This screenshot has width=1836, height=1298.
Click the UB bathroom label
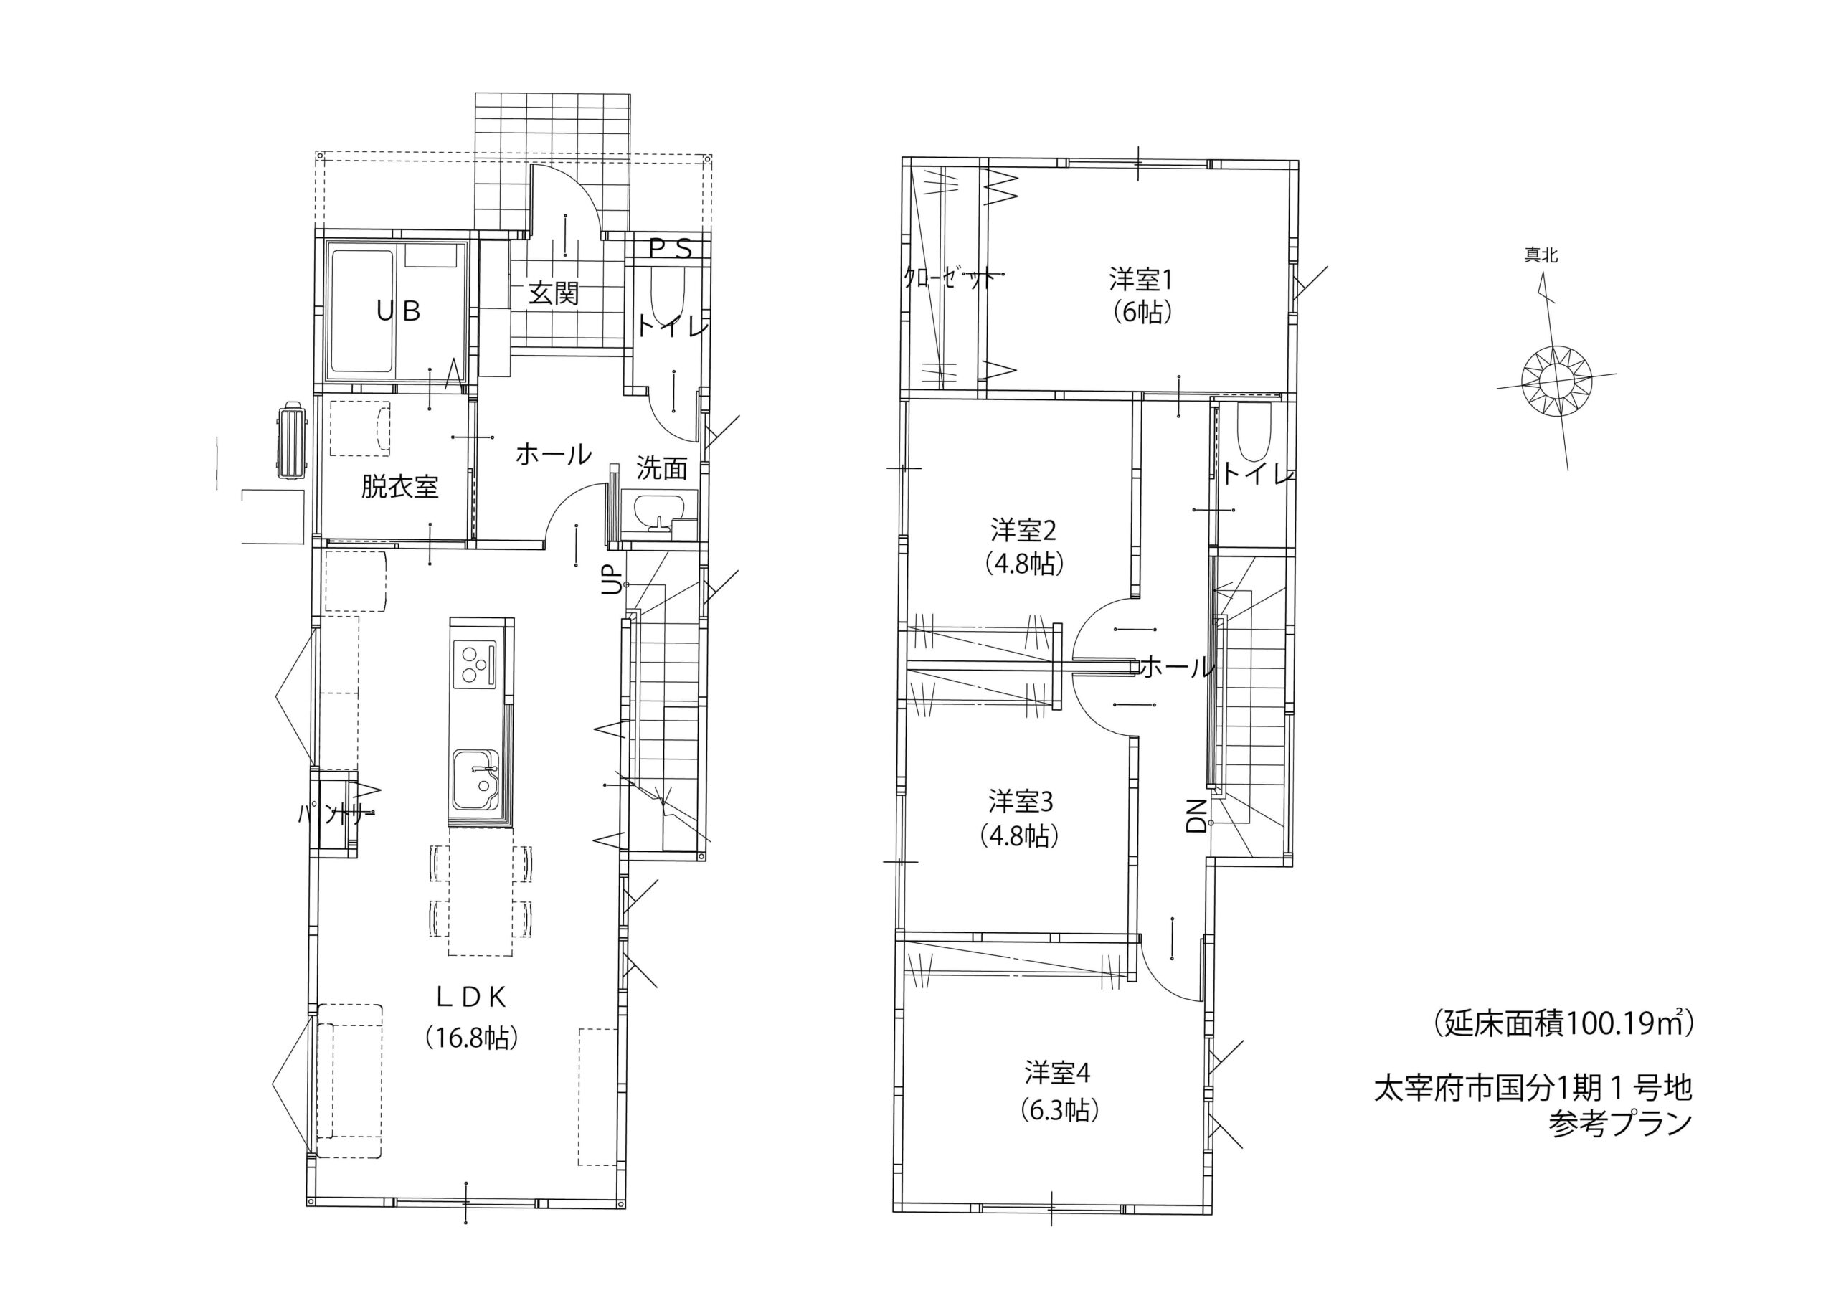398,311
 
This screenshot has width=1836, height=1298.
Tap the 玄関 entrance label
554,293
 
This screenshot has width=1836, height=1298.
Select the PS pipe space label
669,250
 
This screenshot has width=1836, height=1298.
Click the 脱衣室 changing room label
399,486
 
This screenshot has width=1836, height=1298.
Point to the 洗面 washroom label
661,469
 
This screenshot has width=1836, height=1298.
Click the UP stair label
612,580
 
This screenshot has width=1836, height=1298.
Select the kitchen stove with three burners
475,664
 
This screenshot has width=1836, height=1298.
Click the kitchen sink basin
475,780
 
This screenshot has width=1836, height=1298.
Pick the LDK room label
471,997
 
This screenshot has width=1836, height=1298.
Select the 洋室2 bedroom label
1023,530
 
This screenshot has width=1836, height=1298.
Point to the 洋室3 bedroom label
1020,800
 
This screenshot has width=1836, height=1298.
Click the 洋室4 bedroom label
1058,1074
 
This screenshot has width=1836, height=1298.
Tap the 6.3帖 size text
1059,1110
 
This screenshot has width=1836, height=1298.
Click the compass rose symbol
1556,380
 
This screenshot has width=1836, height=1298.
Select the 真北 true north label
1541,255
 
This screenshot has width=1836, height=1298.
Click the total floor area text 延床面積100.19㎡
1563,1023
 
